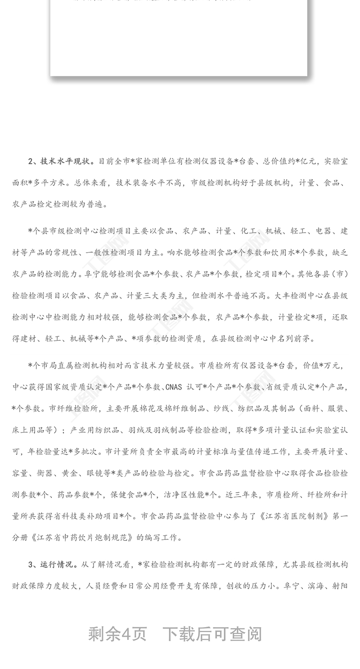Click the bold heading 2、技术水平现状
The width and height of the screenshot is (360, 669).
click(x=61, y=161)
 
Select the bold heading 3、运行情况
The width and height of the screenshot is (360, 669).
click(x=53, y=564)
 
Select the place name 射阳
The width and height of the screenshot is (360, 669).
click(x=340, y=586)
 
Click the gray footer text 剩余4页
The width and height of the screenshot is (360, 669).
click(x=117, y=634)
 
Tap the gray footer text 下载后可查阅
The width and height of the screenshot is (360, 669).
click(x=212, y=634)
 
